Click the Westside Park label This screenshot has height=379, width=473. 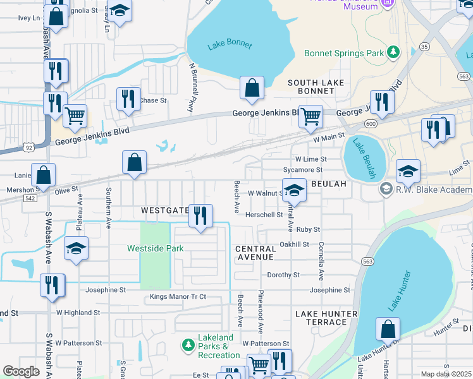click(x=156, y=248)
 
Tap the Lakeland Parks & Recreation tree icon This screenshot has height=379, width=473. click(x=188, y=345)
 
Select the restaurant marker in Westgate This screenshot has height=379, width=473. click(x=201, y=217)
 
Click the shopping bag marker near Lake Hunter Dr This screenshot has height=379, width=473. click(x=388, y=329)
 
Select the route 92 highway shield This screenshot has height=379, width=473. click(x=29, y=147)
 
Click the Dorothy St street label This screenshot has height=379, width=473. click(x=283, y=275)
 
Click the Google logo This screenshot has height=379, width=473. click(x=21, y=371)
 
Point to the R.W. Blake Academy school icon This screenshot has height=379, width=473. click(x=385, y=189)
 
